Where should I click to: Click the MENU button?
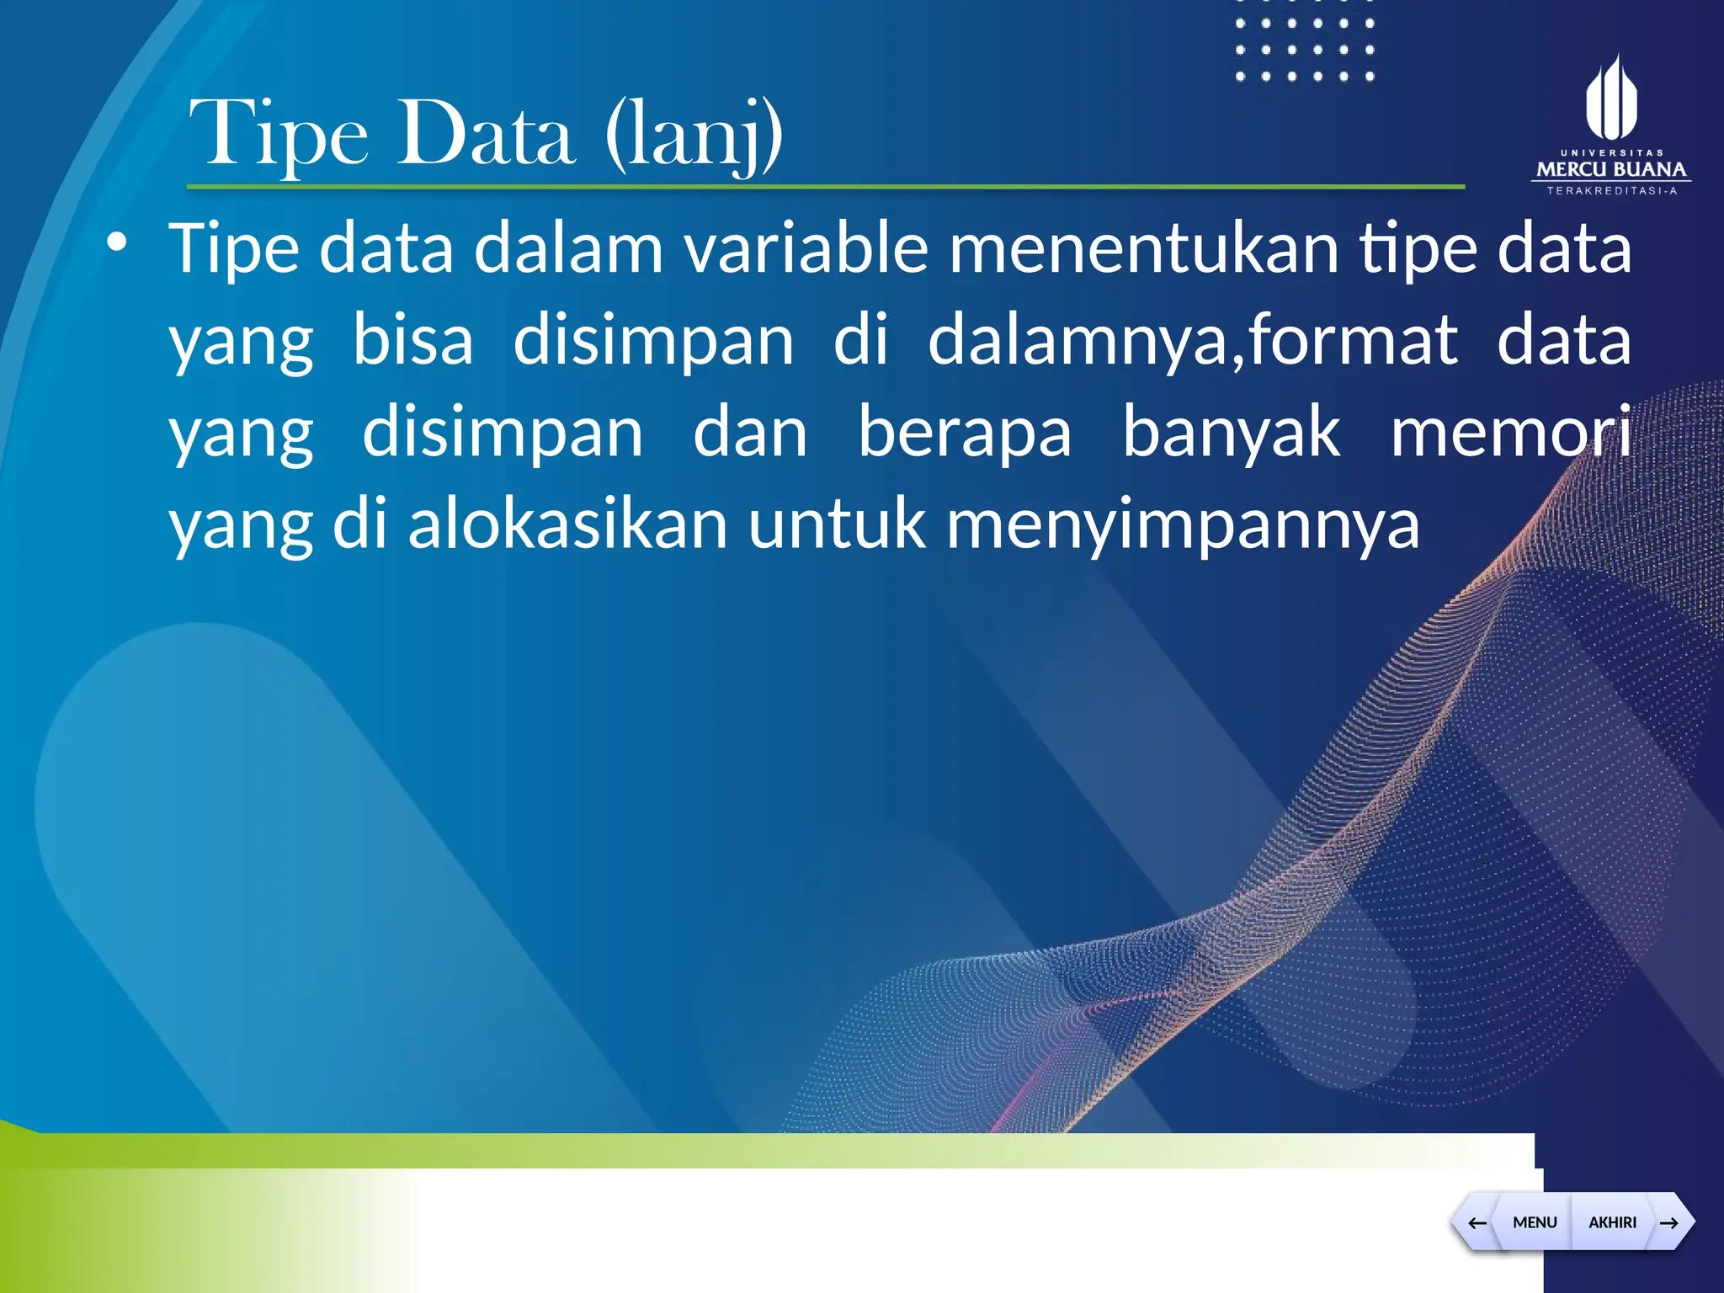pos(1534,1222)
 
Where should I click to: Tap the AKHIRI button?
pos(1612,1222)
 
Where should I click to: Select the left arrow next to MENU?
pos(1477,1222)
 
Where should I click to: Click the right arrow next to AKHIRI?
pos(1669,1222)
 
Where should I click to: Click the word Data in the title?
pos(486,135)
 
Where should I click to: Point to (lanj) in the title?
pos(694,135)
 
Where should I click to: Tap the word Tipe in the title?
pos(279,135)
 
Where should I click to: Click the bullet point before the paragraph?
pos(117,243)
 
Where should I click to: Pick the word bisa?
pos(412,340)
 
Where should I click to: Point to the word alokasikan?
pos(567,524)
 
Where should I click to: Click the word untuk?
pos(837,524)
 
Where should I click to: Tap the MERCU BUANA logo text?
pos(1611,169)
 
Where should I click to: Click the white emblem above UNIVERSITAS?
pos(1611,99)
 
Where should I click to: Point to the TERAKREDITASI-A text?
pos(1611,191)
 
